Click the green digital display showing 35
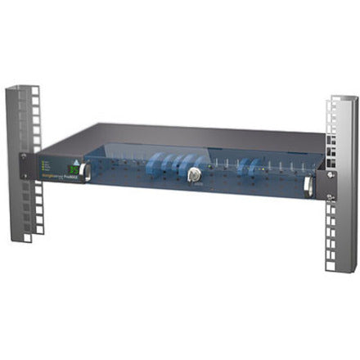73,170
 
